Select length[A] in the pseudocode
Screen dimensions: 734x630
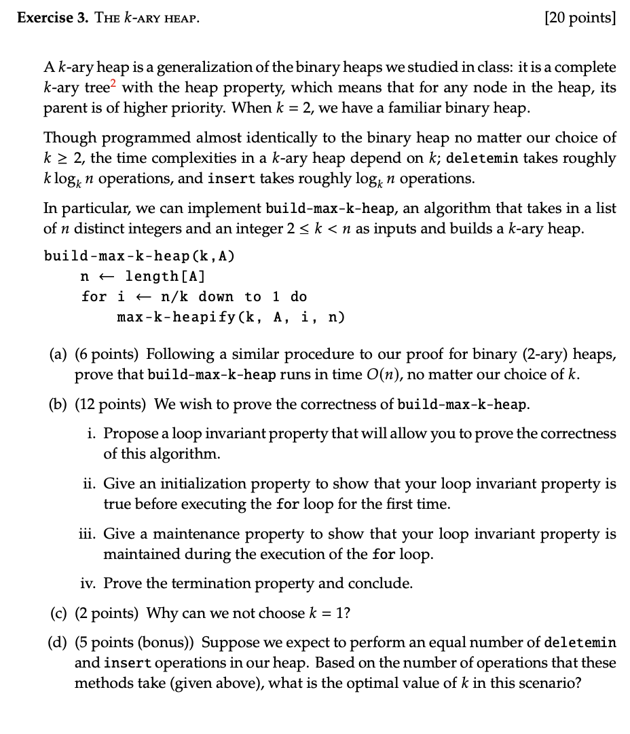(x=165, y=276)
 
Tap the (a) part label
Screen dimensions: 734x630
(x=58, y=354)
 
